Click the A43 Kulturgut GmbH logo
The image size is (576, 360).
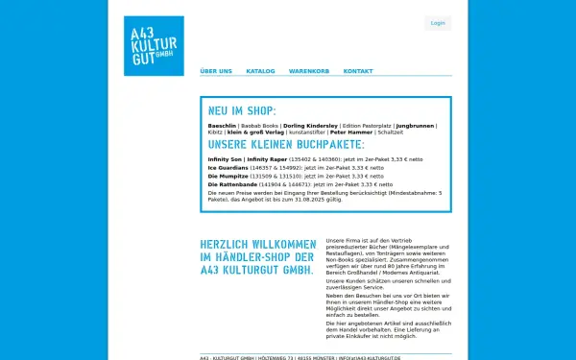154,45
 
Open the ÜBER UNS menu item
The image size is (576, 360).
216,71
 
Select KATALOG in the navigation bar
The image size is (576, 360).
260,71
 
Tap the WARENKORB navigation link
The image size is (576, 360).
309,71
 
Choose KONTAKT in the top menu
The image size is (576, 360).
358,71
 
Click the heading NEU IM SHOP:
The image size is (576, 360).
242,111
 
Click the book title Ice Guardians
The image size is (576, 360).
227,167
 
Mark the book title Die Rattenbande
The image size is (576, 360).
229,184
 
